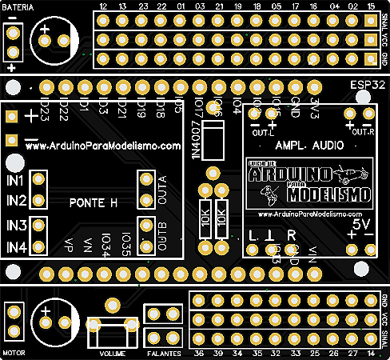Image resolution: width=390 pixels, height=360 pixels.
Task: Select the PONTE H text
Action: (94, 203)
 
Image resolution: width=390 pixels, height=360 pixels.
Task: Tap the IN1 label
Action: (18, 182)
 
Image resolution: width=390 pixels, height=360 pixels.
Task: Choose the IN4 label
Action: (18, 248)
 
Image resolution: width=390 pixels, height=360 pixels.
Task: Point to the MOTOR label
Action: (15, 352)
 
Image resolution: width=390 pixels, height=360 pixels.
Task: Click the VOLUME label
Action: (113, 353)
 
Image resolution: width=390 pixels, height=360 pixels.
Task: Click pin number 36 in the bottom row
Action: (197, 353)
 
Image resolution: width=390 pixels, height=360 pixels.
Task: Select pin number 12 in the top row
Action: (103, 7)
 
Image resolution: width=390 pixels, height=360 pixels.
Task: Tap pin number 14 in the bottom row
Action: (370, 353)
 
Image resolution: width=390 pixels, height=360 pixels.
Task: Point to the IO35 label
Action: (126, 241)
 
